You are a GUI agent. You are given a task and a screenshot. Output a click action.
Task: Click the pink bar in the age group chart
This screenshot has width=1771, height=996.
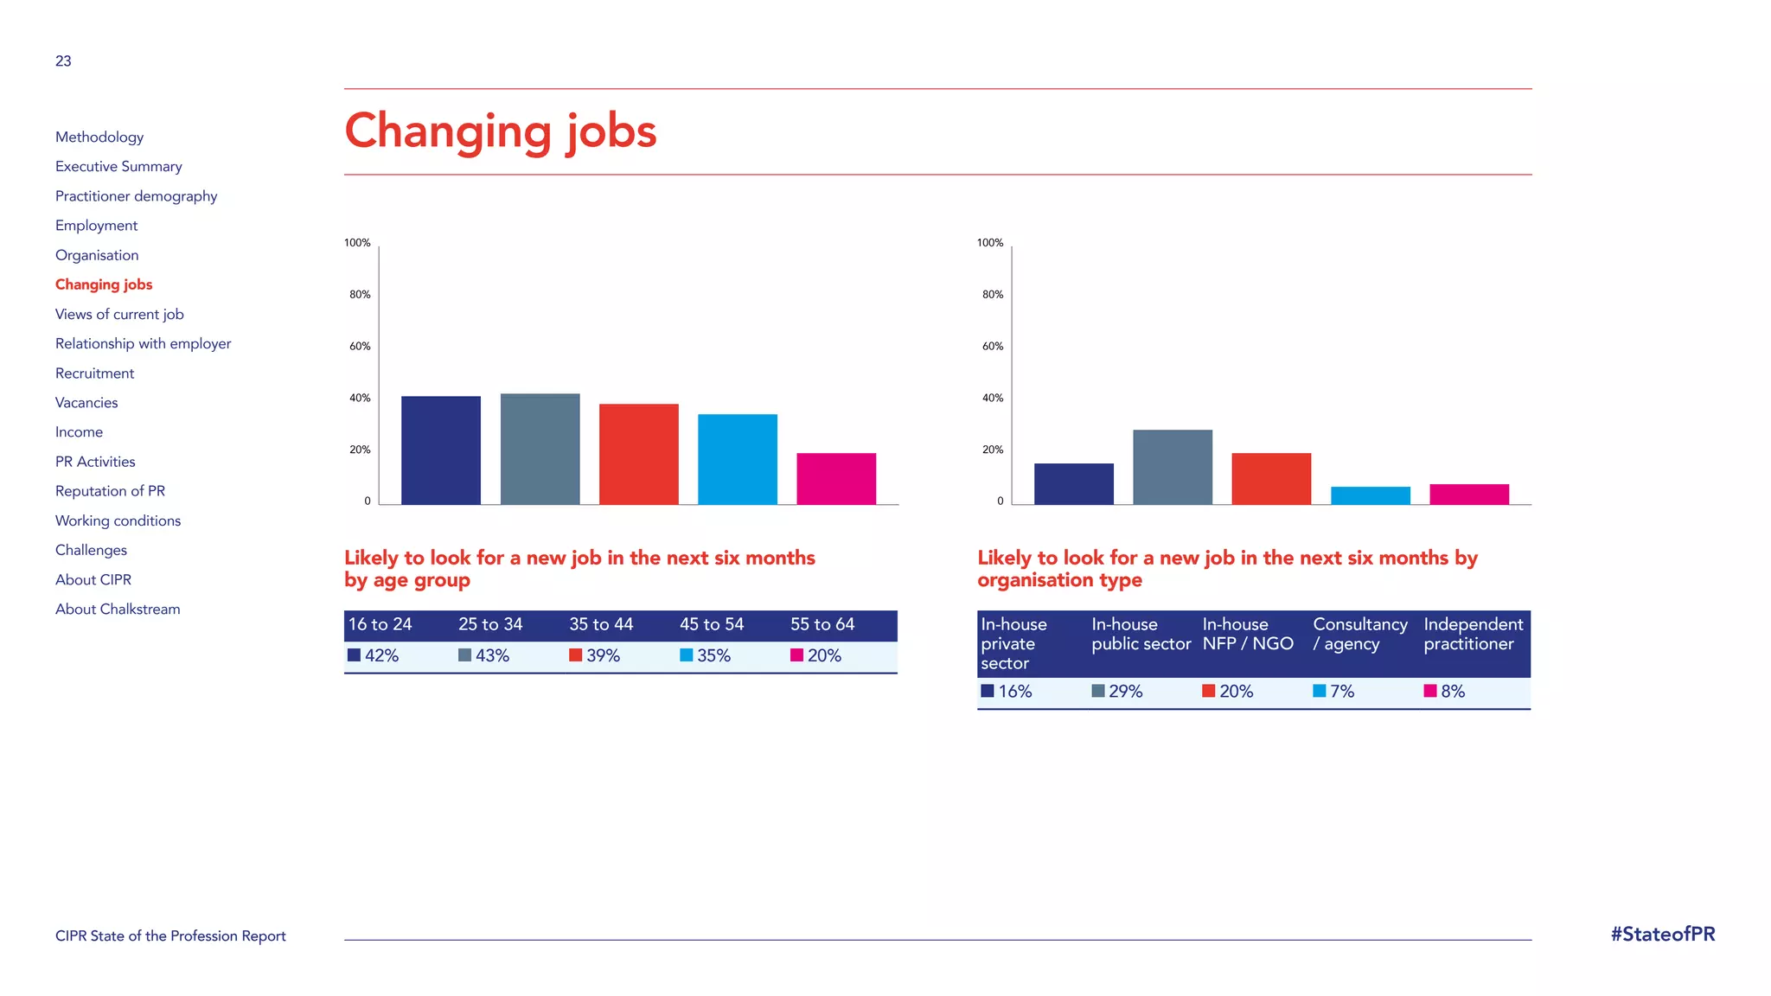835,478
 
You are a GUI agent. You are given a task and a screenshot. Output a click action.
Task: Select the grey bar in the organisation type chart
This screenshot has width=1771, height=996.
1172,467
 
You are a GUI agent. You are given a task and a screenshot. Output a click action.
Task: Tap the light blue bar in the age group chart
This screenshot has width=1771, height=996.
737,459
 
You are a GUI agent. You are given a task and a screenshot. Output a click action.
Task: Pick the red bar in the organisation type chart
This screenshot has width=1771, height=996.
1270,478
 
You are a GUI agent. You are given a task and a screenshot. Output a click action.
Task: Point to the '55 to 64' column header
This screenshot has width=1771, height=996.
822,624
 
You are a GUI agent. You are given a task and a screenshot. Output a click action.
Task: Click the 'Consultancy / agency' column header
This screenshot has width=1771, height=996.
1359,634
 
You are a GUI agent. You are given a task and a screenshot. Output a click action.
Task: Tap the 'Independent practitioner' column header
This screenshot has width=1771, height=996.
1473,634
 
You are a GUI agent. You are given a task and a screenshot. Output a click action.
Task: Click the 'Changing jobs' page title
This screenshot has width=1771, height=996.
500,131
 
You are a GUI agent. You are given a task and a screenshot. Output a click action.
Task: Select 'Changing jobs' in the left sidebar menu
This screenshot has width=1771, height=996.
104,284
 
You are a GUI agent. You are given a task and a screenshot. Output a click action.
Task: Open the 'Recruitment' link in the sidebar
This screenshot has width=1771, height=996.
94,373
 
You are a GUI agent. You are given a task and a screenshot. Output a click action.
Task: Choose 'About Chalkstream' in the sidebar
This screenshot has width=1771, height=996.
118,609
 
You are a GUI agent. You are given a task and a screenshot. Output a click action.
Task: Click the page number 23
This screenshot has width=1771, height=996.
63,61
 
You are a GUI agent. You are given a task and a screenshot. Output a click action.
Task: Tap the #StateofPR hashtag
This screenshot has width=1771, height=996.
1662,934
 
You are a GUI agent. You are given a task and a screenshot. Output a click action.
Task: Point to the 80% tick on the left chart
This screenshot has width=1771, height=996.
360,295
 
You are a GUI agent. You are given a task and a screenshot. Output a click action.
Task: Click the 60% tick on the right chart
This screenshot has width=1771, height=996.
992,347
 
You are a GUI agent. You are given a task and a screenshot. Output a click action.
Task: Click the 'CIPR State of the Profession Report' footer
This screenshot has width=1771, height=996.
170,935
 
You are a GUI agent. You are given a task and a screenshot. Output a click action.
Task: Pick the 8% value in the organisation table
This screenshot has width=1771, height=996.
1452,691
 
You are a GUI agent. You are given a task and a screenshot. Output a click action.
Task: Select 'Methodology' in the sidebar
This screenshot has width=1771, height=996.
99,137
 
